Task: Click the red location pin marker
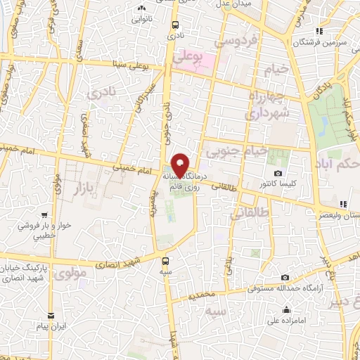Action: coord(181,164)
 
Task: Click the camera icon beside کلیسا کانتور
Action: coord(278,174)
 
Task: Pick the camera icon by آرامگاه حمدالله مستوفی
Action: coord(284,278)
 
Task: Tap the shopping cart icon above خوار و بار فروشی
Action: coord(44,215)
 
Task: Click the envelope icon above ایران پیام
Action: coord(51,316)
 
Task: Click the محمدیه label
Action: coord(200,296)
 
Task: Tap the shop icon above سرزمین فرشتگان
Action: coord(319,31)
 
